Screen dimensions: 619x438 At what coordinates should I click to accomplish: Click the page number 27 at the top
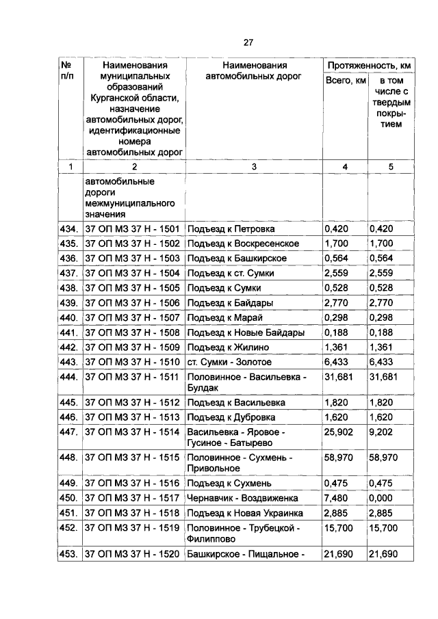tap(248, 42)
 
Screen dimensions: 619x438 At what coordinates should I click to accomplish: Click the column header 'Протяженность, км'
tap(369, 65)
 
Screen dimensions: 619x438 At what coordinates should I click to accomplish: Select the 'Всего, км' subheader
tap(346, 81)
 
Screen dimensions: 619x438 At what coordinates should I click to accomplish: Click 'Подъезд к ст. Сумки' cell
tap(233, 273)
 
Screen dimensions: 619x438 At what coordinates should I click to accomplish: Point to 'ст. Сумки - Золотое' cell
tap(229, 362)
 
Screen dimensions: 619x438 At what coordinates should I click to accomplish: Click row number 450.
tap(68, 497)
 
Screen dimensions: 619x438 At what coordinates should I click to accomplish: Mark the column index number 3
tap(253, 166)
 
